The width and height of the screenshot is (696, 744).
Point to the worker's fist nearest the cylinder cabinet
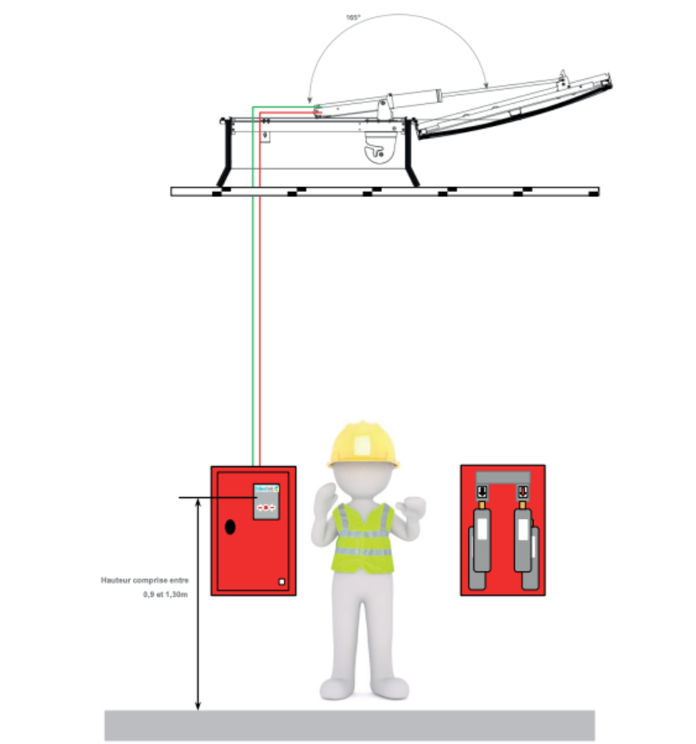tap(411, 510)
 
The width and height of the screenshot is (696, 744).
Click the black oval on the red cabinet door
tap(230, 527)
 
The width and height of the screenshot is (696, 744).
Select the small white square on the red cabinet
tap(282, 581)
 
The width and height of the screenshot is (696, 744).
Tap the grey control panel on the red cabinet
tap(265, 503)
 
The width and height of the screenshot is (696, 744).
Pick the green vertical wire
tap(252, 309)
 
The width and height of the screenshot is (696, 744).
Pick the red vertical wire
tap(261, 309)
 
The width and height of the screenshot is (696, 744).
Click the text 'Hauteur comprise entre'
tap(145, 580)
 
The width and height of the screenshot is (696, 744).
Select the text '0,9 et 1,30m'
tap(165, 594)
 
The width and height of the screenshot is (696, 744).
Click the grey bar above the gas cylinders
tap(502, 476)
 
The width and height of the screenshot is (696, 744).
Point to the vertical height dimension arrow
tap(198, 603)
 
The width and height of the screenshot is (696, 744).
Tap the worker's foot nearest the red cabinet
tap(336, 688)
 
